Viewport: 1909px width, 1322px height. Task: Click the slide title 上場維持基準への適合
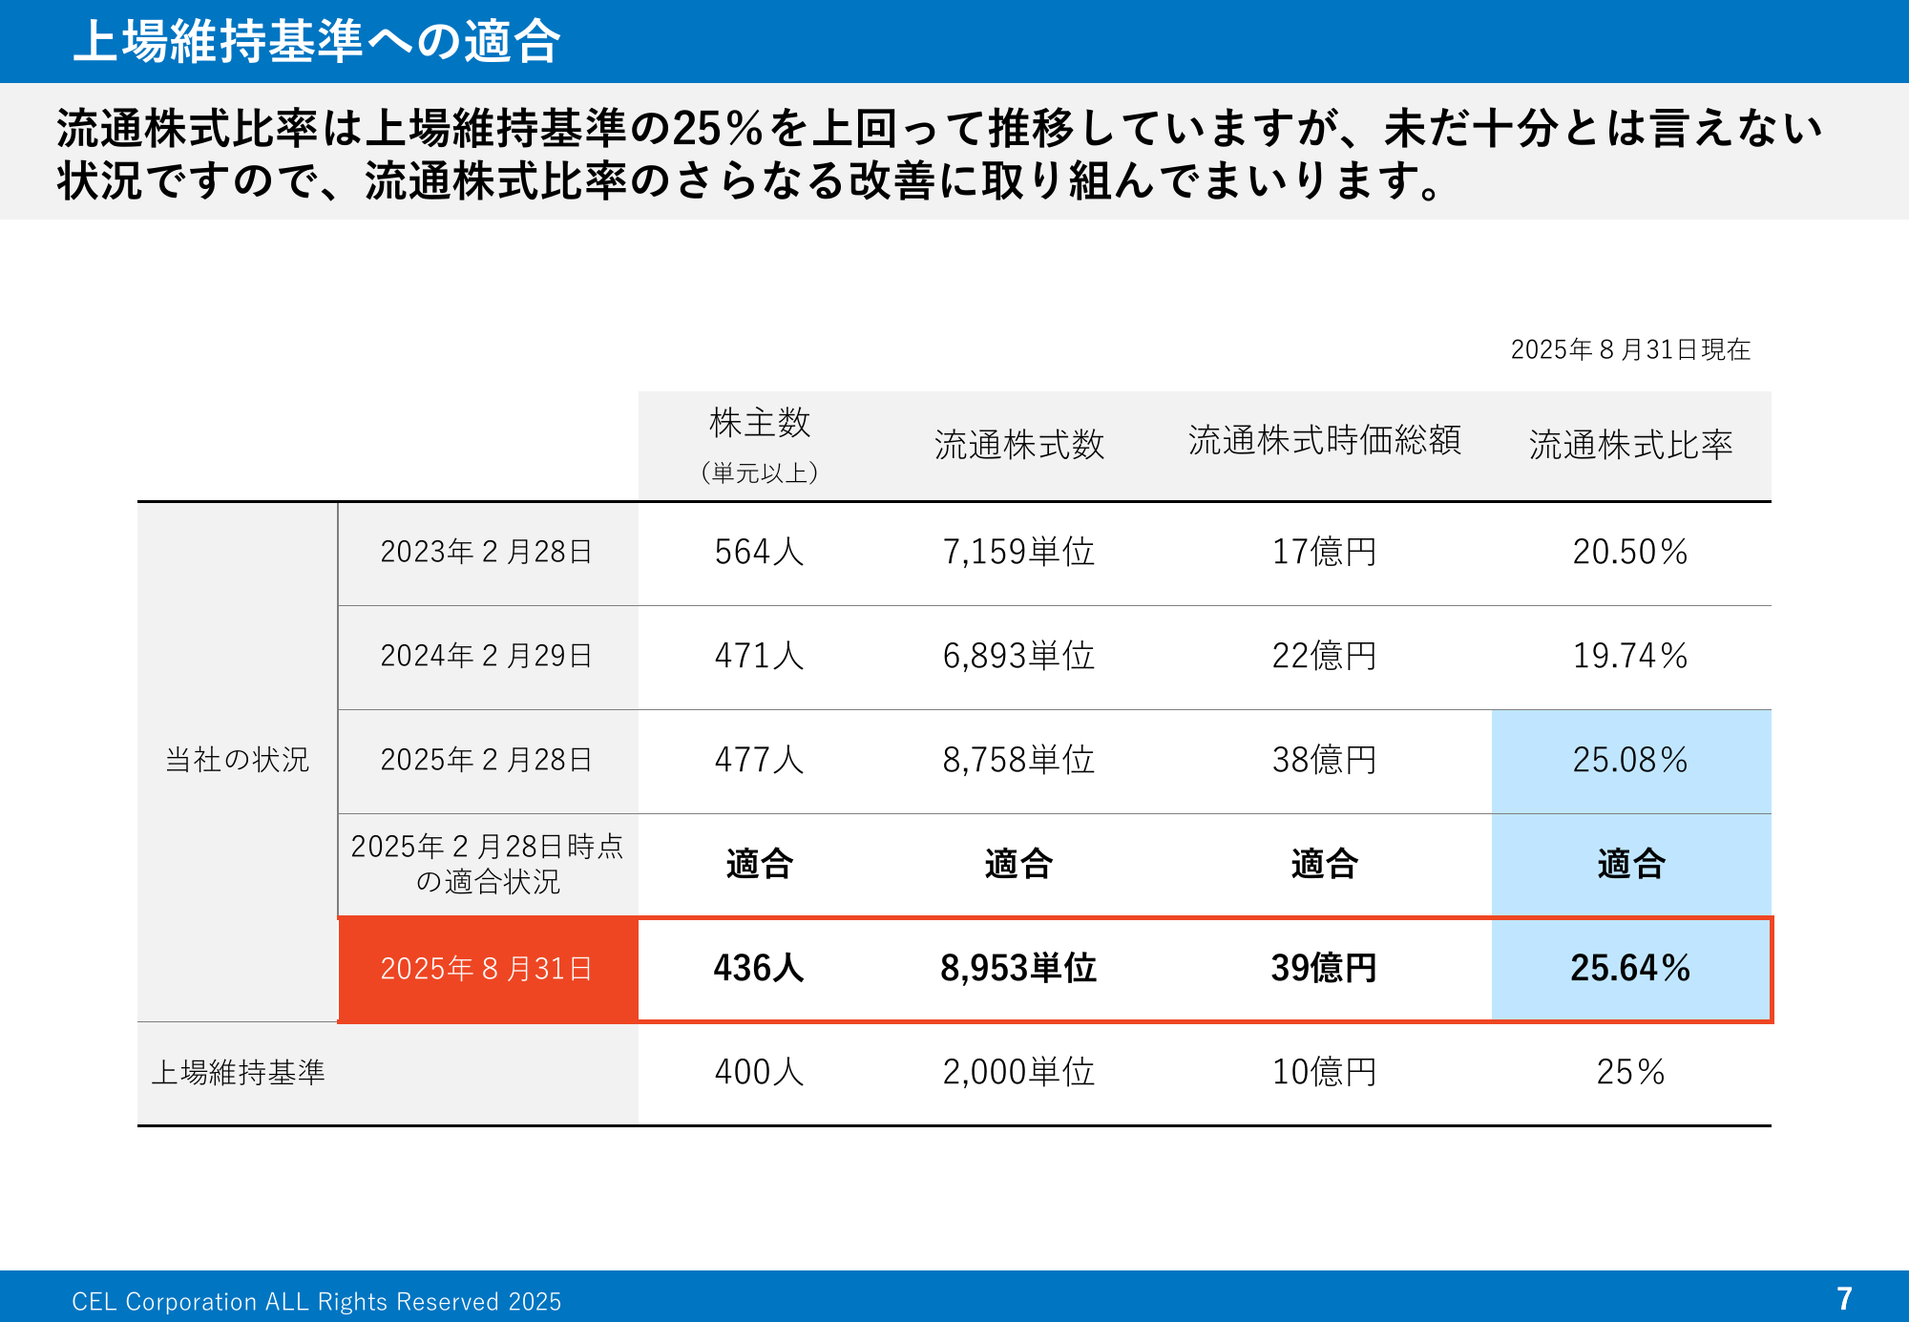pyautogui.click(x=316, y=42)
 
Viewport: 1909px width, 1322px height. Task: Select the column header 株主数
pyautogui.click(x=760, y=423)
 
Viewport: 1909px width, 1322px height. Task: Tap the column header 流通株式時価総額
pyautogui.click(x=1324, y=441)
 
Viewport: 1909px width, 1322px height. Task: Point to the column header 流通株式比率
pyautogui.click(x=1630, y=445)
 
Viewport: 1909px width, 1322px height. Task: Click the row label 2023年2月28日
pyautogui.click(x=487, y=552)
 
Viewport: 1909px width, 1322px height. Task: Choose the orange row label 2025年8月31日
pyautogui.click(x=487, y=969)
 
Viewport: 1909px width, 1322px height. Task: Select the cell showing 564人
pyautogui.click(x=760, y=552)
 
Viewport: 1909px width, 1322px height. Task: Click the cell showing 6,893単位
pyautogui.click(x=1018, y=656)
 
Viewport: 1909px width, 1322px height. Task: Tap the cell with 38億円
pyautogui.click(x=1324, y=760)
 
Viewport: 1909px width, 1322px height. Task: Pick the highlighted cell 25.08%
pyautogui.click(x=1630, y=760)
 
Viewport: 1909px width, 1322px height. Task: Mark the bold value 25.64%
pyautogui.click(x=1630, y=969)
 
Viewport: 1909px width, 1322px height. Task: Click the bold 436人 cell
pyautogui.click(x=760, y=969)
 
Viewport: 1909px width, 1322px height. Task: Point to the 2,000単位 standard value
pyautogui.click(x=1018, y=1073)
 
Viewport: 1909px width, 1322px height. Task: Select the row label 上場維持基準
pyautogui.click(x=239, y=1073)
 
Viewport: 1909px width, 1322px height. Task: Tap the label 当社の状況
pyautogui.click(x=238, y=760)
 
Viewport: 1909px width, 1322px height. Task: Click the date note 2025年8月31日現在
pyautogui.click(x=1630, y=350)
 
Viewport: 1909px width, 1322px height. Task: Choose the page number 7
pyautogui.click(x=1844, y=1298)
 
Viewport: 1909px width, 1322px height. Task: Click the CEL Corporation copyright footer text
pyautogui.click(x=317, y=1302)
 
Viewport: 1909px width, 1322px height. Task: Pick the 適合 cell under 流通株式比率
pyautogui.click(x=1630, y=864)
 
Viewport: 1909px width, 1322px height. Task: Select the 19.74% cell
pyautogui.click(x=1630, y=656)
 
